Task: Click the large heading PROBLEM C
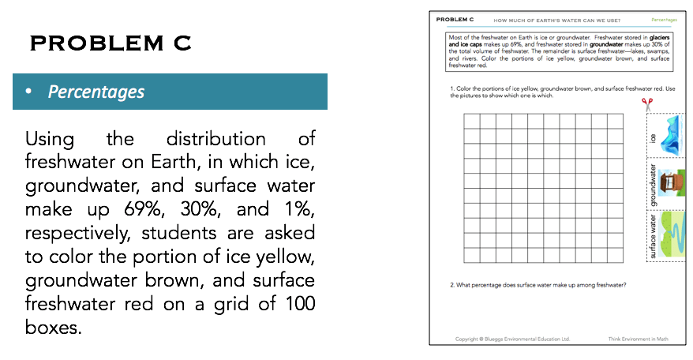111,43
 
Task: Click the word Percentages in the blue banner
96,92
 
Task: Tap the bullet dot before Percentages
28,92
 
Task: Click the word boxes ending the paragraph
53,327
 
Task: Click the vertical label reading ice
653,137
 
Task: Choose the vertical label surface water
653,235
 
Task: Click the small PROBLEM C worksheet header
455,18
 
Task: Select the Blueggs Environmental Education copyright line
512,339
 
